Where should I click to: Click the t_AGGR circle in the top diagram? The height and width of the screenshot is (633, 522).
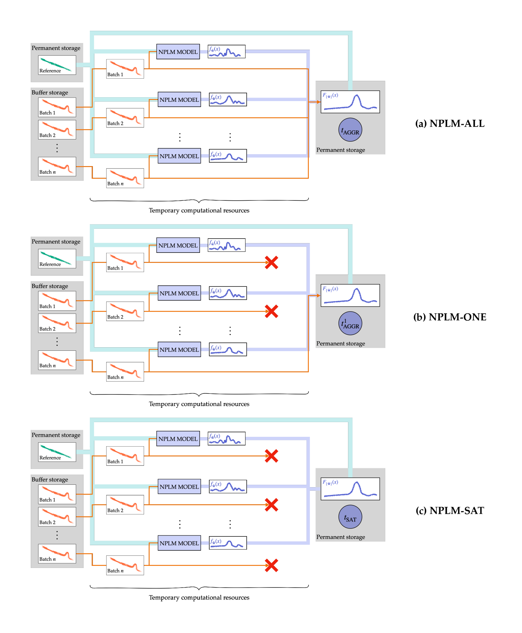(350, 130)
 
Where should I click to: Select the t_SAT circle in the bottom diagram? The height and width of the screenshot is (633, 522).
(350, 517)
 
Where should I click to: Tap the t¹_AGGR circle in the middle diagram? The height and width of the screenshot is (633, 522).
(350, 323)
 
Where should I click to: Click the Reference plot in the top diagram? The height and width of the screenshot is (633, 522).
(57, 65)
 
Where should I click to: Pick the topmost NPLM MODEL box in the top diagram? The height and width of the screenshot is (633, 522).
(178, 52)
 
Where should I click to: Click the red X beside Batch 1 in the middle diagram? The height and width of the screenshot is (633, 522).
(271, 262)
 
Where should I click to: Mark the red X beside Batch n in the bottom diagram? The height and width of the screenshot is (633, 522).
(271, 565)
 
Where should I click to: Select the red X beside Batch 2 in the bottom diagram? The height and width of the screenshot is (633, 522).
(271, 505)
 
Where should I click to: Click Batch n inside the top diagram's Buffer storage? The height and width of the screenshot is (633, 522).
(57, 166)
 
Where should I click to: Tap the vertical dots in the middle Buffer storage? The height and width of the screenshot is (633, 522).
(57, 342)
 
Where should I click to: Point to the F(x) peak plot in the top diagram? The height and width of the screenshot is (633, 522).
(350, 102)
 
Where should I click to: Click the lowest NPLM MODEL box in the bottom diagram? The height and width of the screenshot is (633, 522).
(179, 543)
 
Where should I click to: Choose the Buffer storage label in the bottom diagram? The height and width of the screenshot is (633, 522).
(50, 479)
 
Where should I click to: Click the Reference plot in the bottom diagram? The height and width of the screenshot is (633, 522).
(57, 452)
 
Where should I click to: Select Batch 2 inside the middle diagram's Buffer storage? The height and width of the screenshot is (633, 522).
(57, 323)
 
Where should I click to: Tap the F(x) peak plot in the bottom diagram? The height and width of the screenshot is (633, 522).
(350, 489)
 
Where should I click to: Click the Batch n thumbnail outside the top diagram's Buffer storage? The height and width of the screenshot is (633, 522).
(125, 178)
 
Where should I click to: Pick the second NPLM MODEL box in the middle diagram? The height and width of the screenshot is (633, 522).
(179, 293)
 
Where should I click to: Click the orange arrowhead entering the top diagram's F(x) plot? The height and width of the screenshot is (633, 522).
(318, 102)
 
